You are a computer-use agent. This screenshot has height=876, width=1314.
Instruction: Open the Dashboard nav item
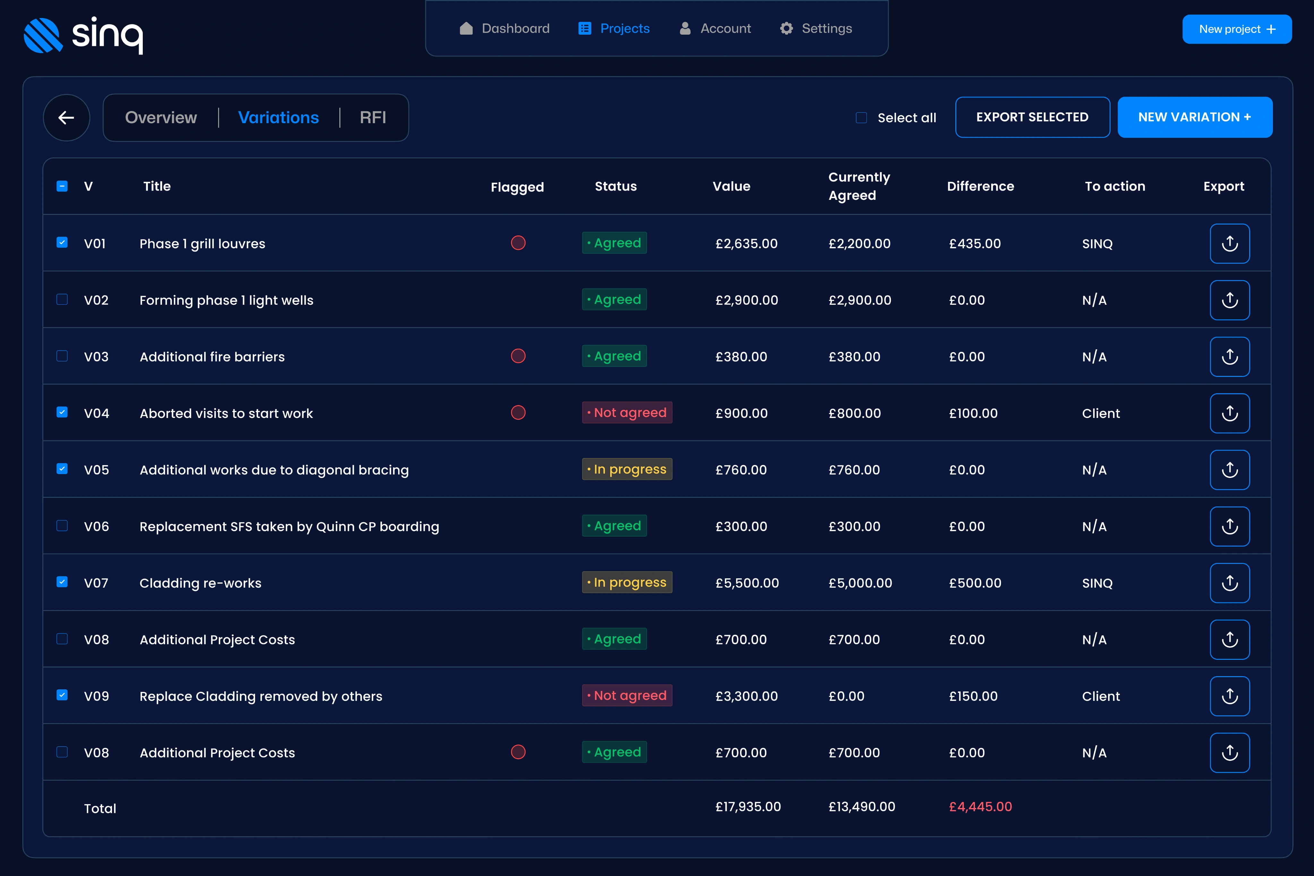(505, 29)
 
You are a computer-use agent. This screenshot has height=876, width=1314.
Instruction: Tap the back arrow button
(66, 117)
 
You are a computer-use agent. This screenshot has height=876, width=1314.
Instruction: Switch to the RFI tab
(373, 117)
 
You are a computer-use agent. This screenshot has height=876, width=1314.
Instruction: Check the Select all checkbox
(861, 118)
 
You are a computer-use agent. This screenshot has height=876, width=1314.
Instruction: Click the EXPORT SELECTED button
(1032, 117)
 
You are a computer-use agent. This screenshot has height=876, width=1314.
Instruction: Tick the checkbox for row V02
(62, 300)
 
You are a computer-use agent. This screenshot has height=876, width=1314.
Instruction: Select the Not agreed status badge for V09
(627, 695)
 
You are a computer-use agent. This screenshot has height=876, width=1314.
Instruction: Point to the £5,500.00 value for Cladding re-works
(747, 583)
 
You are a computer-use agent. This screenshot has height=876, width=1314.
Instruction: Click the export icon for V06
(1230, 526)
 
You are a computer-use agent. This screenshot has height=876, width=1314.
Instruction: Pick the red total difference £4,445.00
(980, 807)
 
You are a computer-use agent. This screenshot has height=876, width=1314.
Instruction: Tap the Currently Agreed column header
(859, 186)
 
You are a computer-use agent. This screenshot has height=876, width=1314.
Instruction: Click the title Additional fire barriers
(212, 357)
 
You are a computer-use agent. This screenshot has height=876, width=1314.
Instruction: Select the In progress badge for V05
(627, 469)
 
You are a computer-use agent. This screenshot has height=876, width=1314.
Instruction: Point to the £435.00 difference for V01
(975, 243)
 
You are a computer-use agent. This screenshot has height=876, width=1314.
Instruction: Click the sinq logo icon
(43, 35)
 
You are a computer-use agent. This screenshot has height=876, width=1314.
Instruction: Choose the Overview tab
(161, 117)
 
